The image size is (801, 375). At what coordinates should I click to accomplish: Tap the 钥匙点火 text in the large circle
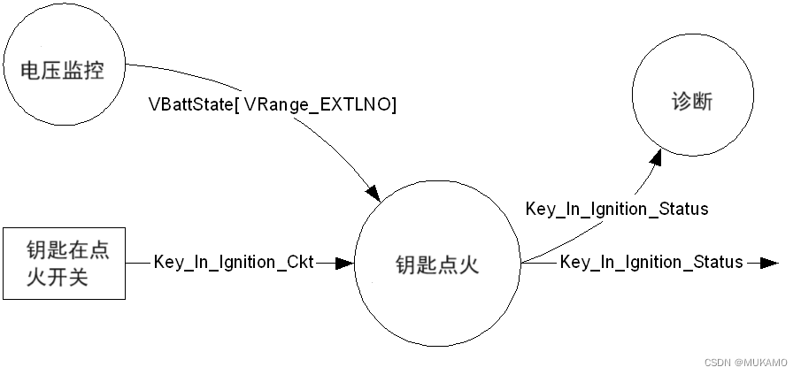click(x=437, y=264)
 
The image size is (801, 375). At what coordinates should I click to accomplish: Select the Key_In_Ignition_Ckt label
click(x=233, y=263)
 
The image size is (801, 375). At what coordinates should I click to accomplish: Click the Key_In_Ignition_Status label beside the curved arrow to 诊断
click(x=617, y=210)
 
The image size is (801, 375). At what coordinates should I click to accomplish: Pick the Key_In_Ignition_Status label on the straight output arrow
click(x=651, y=263)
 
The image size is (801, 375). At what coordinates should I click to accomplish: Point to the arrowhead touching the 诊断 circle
click(x=656, y=157)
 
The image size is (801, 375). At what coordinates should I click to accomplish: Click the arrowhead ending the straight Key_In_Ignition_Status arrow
click(x=768, y=263)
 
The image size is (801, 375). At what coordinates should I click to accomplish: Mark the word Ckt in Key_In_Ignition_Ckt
click(x=298, y=263)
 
